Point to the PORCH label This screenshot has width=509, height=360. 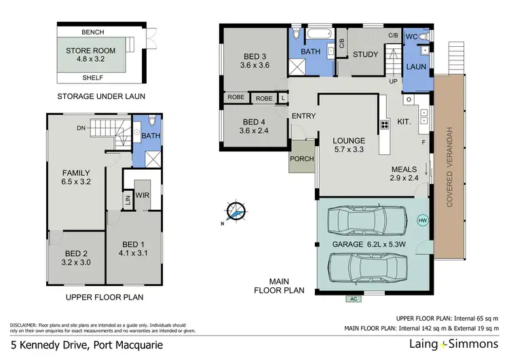(301, 159)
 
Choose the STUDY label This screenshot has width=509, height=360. (365, 54)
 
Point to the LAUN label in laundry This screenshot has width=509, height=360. (415, 67)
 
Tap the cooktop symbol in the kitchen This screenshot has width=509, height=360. (384, 124)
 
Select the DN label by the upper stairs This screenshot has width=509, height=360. (81, 127)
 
